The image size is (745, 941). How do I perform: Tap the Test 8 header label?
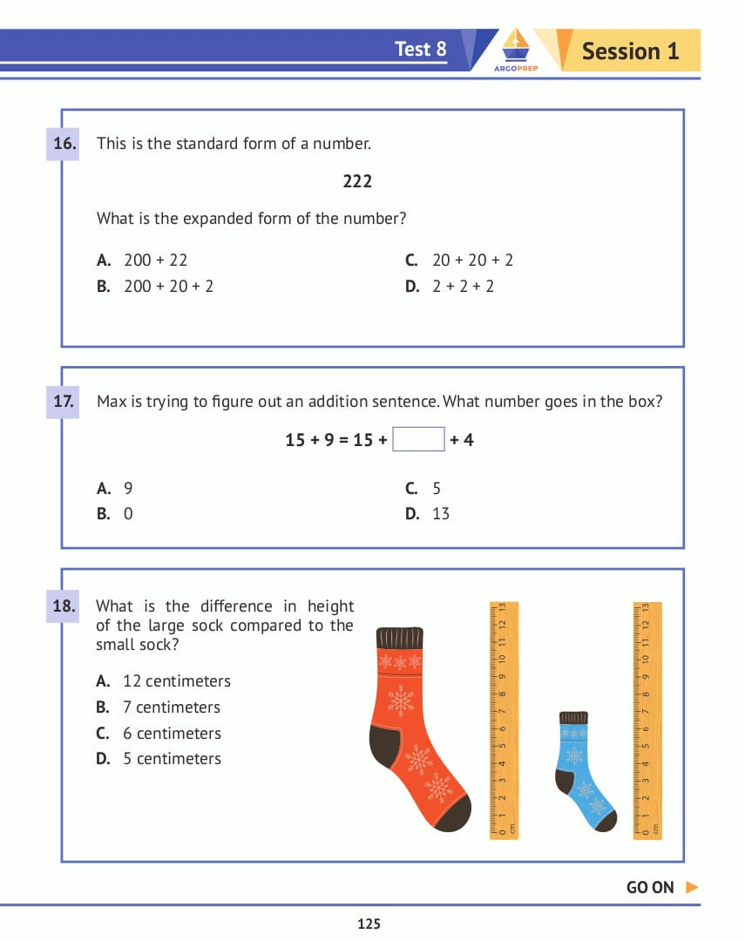click(420, 49)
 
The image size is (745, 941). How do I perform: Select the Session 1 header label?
click(630, 51)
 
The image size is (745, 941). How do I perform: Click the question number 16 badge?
click(64, 144)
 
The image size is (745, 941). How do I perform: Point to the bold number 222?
click(357, 181)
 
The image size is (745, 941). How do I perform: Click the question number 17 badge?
click(64, 402)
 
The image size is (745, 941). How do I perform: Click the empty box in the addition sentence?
click(418, 440)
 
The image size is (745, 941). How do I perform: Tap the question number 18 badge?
click(64, 606)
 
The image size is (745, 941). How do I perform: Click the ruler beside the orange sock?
click(504, 720)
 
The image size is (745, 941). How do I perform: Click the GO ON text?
click(650, 888)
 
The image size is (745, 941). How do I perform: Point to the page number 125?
click(369, 924)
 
